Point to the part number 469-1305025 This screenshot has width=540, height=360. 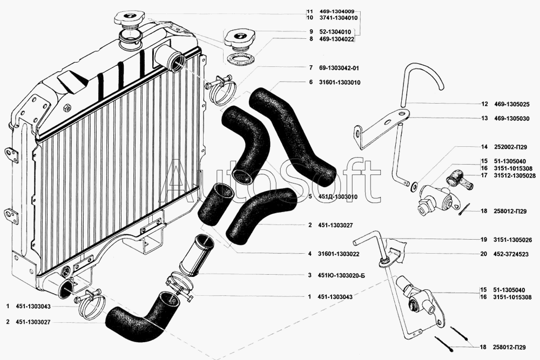(x=509, y=104)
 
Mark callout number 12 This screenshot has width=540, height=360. (x=484, y=104)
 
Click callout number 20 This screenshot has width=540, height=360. (x=484, y=254)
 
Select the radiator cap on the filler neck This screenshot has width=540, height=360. (x=128, y=21)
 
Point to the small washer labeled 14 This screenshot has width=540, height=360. (x=413, y=187)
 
